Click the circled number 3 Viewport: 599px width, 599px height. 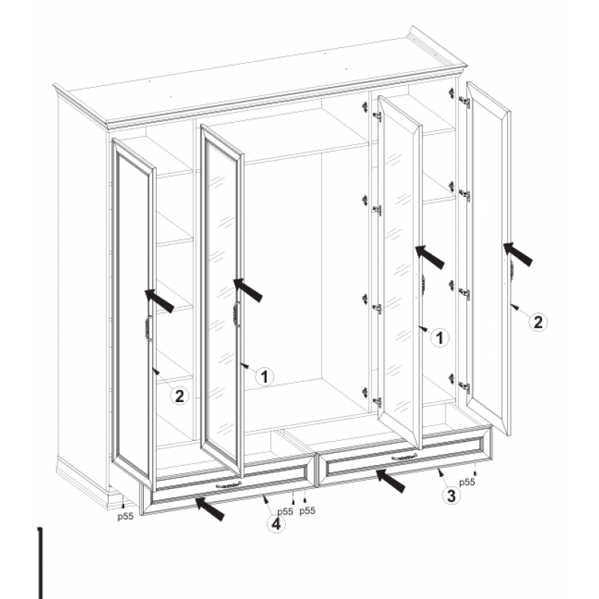(451, 496)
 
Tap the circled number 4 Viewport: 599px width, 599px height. (276, 523)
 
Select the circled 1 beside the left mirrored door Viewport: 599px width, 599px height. (264, 377)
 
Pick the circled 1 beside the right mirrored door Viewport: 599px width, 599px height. (440, 338)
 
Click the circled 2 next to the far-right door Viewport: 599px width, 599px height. (538, 322)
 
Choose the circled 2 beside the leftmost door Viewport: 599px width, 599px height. (179, 396)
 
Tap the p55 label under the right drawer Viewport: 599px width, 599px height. (466, 482)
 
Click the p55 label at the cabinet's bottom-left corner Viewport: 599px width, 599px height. (125, 516)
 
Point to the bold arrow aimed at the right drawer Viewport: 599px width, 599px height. (390, 481)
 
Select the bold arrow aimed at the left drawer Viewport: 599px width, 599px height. (210, 508)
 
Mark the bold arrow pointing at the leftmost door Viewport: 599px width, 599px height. (159, 301)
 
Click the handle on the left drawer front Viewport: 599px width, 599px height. (229, 485)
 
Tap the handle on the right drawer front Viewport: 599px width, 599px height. (404, 457)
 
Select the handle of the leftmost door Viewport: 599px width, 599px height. (148, 328)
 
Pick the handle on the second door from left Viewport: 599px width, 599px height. (236, 314)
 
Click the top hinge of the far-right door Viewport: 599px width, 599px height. (464, 102)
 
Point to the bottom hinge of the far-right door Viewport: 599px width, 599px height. (464, 387)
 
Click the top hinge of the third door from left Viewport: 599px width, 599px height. (377, 116)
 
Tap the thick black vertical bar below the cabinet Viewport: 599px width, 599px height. (40, 563)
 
